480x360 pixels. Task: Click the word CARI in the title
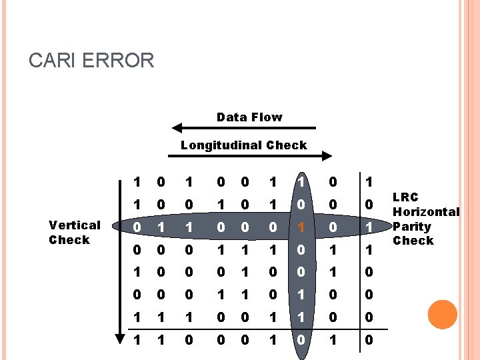coord(53,61)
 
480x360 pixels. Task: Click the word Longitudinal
coord(221,145)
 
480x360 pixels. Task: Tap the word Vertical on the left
coord(75,225)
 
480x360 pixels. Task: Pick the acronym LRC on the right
coord(406,197)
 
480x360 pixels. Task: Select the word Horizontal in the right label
coord(426,212)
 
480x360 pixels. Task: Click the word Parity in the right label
coord(412,227)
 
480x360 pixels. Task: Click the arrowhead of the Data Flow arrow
coord(177,128)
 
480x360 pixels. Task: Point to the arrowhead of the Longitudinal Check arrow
coord(327,156)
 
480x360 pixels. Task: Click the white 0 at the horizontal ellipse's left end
coord(137,227)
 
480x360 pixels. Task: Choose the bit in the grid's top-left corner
coord(137,182)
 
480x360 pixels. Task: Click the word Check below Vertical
coord(69,240)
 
